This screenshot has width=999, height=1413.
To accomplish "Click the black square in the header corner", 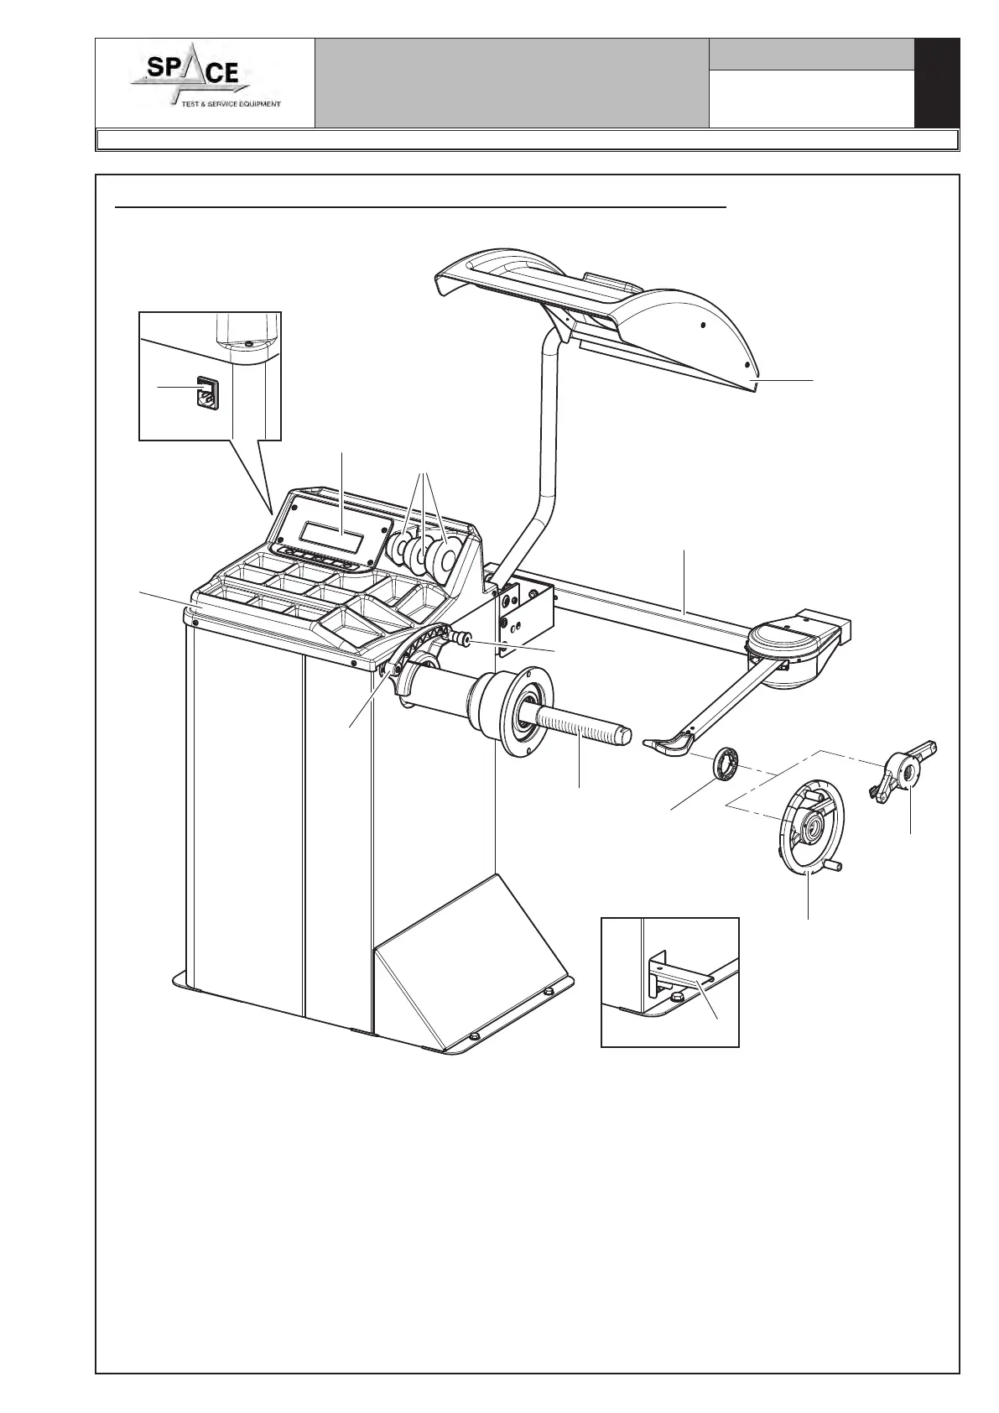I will [x=936, y=83].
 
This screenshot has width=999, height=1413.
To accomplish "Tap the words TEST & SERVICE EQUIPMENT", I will [x=232, y=105].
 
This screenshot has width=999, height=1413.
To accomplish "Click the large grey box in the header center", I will [x=512, y=83].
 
